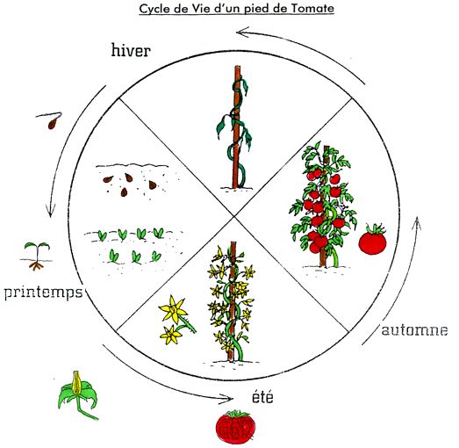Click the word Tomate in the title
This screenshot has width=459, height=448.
point(312,8)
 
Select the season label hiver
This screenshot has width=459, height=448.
point(131,50)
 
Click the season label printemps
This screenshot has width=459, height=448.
point(43,293)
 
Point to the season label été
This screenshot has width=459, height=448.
point(262,397)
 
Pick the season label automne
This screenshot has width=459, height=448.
point(414,330)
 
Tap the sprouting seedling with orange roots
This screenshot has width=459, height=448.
point(37,256)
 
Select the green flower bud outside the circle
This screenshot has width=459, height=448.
point(78,394)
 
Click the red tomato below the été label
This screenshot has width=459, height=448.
point(236,426)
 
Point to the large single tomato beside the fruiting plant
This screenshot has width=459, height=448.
point(373,239)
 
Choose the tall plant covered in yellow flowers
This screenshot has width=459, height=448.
point(233,302)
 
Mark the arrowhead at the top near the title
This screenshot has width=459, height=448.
point(242,32)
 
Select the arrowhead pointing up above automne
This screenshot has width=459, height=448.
point(417,222)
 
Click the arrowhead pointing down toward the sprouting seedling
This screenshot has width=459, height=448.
point(50,212)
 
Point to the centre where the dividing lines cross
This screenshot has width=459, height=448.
point(234,216)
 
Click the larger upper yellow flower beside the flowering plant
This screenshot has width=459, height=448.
point(173,309)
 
